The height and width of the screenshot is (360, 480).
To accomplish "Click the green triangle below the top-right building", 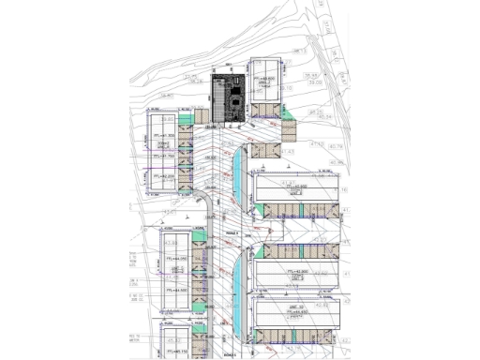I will [288, 113].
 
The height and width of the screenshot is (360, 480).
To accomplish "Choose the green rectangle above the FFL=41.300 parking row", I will [184, 116].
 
